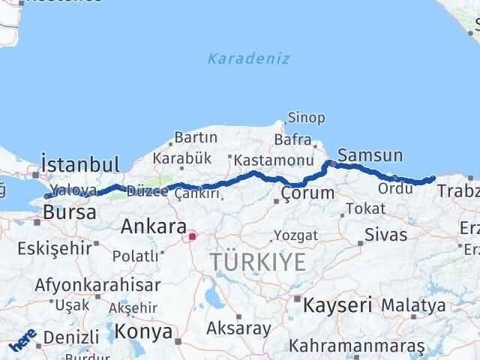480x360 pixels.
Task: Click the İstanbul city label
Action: (81, 164)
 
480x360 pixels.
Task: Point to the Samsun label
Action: (370, 156)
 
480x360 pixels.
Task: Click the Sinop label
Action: (307, 118)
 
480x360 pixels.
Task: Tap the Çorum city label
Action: (307, 193)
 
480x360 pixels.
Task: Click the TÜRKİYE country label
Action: (257, 262)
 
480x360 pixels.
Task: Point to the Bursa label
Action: (69, 213)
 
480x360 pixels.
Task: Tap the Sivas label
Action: (385, 234)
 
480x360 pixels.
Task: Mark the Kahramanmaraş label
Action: (356, 346)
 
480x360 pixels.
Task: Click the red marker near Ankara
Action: (192, 237)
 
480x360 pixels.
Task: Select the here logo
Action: (23, 344)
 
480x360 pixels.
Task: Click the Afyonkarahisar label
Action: (98, 286)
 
